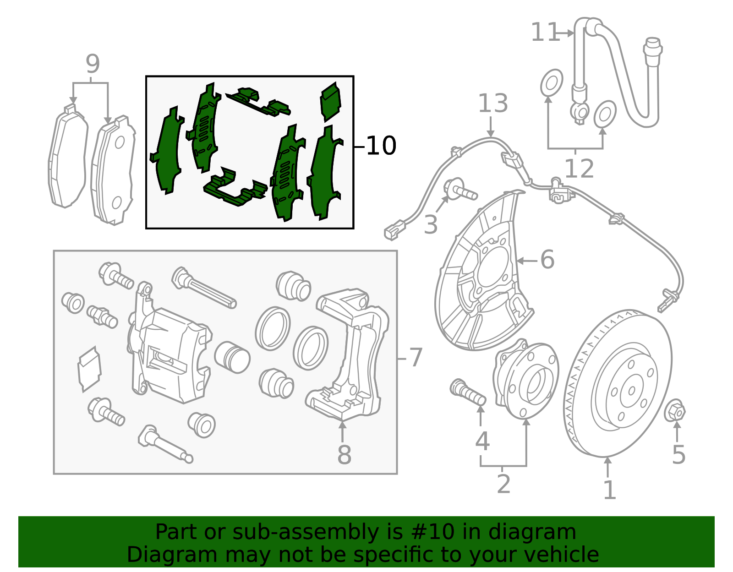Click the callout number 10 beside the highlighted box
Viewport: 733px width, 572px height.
[x=381, y=146]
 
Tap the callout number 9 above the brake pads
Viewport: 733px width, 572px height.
[x=93, y=64]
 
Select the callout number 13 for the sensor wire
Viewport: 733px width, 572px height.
[x=493, y=104]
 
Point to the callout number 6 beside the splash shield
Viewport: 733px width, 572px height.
[x=547, y=260]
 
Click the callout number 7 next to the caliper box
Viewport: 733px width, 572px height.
[x=415, y=358]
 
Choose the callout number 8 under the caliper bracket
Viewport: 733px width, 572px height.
[x=344, y=455]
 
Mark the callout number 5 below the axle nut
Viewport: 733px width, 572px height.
[x=678, y=454]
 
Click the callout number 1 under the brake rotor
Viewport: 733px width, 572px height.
[x=609, y=490]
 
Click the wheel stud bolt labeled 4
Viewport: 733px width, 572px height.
[x=468, y=392]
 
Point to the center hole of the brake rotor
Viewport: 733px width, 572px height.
[x=632, y=391]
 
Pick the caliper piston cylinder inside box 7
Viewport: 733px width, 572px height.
[x=232, y=357]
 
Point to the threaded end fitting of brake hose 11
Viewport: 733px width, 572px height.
[x=652, y=52]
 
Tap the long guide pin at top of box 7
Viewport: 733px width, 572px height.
[x=204, y=288]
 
